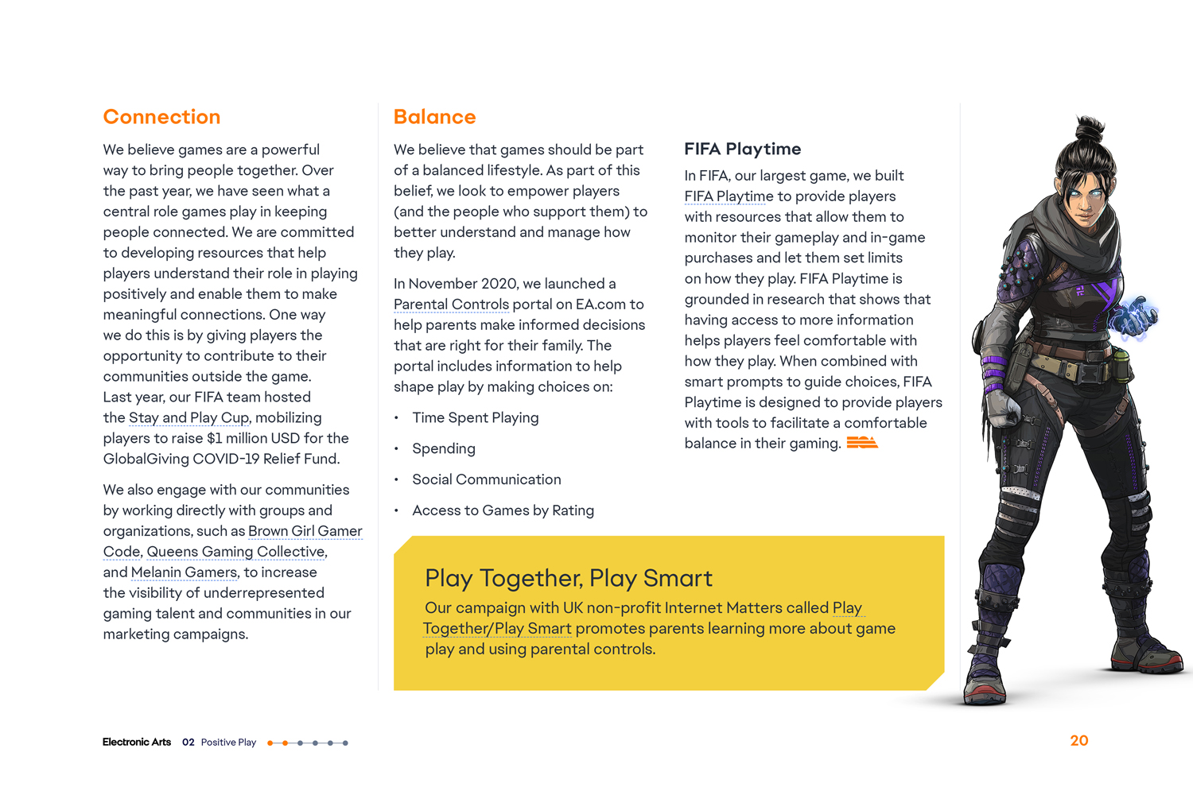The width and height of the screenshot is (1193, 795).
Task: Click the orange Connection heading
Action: [x=161, y=117]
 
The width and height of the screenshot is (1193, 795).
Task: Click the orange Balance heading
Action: [x=434, y=117]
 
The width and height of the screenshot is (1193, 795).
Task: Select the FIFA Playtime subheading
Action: [x=742, y=149]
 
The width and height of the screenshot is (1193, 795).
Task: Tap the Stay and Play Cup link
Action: [x=189, y=417]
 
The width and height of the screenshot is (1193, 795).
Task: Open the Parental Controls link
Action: [x=451, y=304]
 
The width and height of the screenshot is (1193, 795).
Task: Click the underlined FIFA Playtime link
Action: [x=729, y=196]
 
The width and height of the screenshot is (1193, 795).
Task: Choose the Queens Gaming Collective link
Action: [x=236, y=552]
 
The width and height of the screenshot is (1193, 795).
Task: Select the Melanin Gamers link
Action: [x=185, y=572]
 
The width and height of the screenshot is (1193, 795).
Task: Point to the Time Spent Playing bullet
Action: [x=475, y=417]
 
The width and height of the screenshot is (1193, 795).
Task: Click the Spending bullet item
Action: [x=443, y=448]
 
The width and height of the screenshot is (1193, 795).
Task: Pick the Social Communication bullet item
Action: [x=486, y=479]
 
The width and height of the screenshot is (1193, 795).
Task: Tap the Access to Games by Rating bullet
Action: [x=503, y=510]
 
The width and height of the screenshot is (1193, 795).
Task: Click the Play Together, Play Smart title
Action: [x=568, y=578]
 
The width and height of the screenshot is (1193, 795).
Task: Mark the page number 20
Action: [x=1078, y=741]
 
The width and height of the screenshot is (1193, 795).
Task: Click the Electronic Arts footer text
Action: [x=136, y=743]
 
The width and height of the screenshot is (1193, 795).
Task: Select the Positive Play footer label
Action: [x=228, y=743]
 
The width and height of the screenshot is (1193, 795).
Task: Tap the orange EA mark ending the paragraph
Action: [x=861, y=443]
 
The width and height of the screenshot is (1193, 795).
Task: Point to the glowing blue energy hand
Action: [x=1135, y=317]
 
